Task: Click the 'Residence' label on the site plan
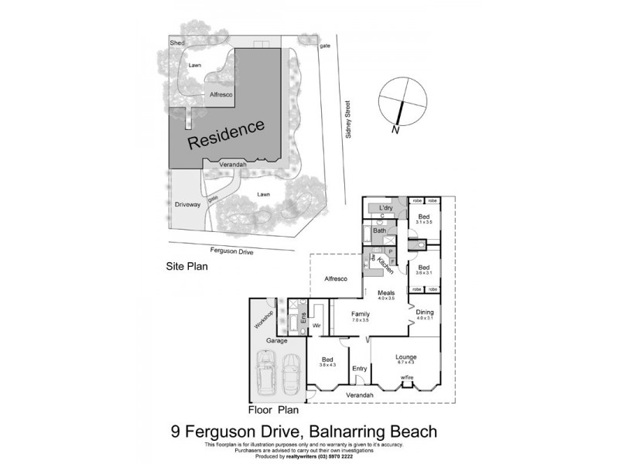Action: coord(227,134)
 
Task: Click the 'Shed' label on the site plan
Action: coord(177,43)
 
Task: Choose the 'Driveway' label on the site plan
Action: coord(187,205)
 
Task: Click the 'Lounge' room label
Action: coord(405,357)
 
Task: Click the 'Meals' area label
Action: coord(385,293)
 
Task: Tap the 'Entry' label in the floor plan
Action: coord(359,369)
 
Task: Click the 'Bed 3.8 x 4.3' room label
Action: coord(328,360)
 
